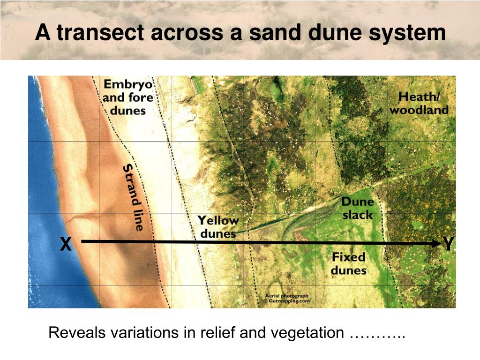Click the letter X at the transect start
[66, 244]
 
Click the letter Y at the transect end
[449, 244]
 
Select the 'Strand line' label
[133, 197]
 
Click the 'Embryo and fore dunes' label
[128, 97]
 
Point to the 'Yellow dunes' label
[217, 226]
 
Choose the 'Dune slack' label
[357, 209]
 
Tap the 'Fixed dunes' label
[349, 263]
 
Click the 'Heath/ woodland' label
[419, 104]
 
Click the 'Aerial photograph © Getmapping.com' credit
[287, 299]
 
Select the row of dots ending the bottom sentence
[377, 334]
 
